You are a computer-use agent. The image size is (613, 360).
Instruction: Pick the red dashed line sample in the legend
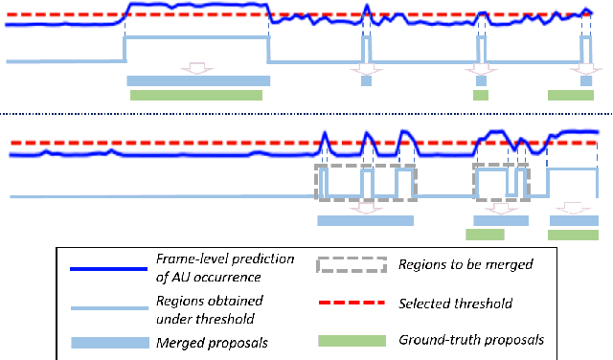click(x=351, y=304)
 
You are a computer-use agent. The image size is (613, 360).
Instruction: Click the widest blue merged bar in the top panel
click(x=198, y=80)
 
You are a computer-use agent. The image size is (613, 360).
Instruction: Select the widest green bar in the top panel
click(x=195, y=95)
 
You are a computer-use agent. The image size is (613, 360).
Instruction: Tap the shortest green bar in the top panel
click(x=480, y=95)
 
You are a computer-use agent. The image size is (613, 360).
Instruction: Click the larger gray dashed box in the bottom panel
click(x=367, y=182)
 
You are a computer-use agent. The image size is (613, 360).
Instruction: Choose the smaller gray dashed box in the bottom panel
click(x=494, y=182)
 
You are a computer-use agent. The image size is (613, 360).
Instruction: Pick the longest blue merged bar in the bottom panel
click(x=365, y=220)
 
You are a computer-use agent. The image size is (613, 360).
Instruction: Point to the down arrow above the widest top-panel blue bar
click(x=197, y=68)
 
